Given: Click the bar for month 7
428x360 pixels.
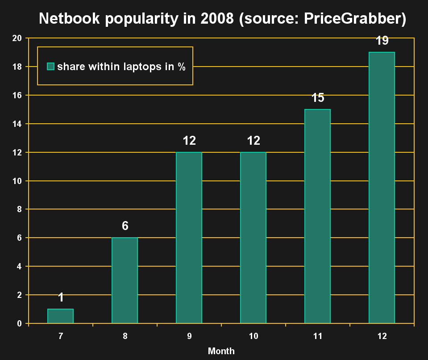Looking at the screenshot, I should [x=60, y=316].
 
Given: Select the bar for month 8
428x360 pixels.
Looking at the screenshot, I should [x=125, y=280].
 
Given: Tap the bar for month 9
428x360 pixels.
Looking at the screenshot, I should [x=189, y=238].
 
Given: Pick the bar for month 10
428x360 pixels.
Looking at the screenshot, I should [x=253, y=238].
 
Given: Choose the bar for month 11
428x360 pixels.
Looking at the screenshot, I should [x=317, y=216].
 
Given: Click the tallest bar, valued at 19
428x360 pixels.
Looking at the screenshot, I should [x=382, y=188].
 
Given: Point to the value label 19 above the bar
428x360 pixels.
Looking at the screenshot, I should [x=382, y=41].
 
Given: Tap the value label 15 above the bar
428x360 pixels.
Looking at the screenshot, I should [x=318, y=98].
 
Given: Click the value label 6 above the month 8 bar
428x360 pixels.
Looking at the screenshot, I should [x=125, y=226].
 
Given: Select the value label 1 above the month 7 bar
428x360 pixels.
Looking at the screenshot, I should [x=61, y=297].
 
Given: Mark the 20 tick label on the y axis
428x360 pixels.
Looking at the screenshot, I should [x=17, y=38].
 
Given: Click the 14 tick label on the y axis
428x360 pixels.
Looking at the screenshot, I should [x=17, y=124].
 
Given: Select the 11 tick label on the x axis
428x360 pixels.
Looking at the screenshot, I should [x=317, y=336].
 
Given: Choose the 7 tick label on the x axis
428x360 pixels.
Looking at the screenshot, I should [x=60, y=336].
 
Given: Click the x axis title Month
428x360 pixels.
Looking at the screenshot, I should [x=221, y=351].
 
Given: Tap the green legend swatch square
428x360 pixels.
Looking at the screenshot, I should [x=51, y=67].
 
